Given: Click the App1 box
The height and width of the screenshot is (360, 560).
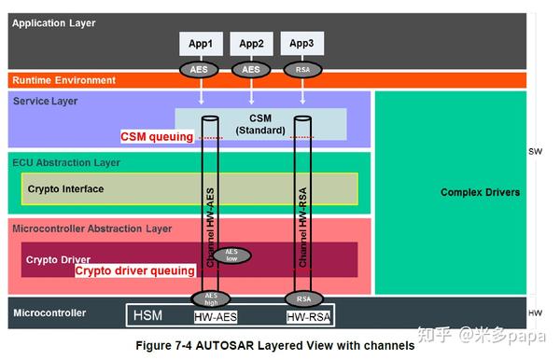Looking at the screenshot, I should click(x=202, y=43).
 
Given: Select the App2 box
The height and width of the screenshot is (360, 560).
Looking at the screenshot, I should click(x=251, y=43).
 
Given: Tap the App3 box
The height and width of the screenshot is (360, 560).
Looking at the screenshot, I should click(x=301, y=43).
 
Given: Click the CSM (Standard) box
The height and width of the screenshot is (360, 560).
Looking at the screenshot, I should click(x=260, y=123).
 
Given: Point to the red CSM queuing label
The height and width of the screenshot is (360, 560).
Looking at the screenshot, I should click(x=157, y=136).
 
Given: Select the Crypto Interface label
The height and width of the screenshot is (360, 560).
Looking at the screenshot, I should click(x=65, y=189).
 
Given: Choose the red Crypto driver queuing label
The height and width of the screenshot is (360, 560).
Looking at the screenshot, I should click(x=134, y=270).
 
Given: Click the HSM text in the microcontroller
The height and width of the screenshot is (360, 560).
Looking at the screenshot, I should click(x=147, y=315).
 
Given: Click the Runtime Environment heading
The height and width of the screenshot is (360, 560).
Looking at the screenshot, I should click(x=63, y=81).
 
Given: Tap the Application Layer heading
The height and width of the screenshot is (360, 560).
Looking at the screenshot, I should click(x=53, y=22).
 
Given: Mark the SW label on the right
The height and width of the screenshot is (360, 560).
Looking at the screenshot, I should click(x=535, y=151).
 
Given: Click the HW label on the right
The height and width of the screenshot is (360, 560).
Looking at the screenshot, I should click(x=535, y=313).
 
